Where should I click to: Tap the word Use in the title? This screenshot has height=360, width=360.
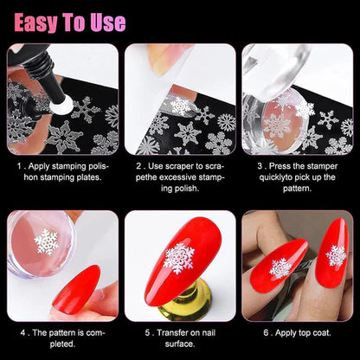click(x=108, y=22)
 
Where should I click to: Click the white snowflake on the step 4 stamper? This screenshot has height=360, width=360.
click(x=45, y=242)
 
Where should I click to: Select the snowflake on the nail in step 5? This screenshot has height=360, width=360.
click(x=178, y=258)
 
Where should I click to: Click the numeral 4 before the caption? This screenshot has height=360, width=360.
click(x=22, y=330)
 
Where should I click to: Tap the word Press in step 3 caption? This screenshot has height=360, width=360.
click(x=285, y=164)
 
